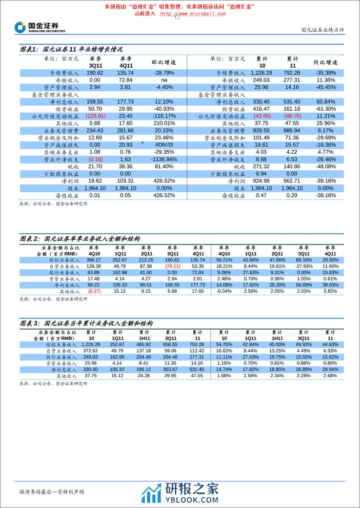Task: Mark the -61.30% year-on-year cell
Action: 325,109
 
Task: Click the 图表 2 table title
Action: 79,239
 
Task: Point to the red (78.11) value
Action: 173,267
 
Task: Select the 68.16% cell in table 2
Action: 304,260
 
